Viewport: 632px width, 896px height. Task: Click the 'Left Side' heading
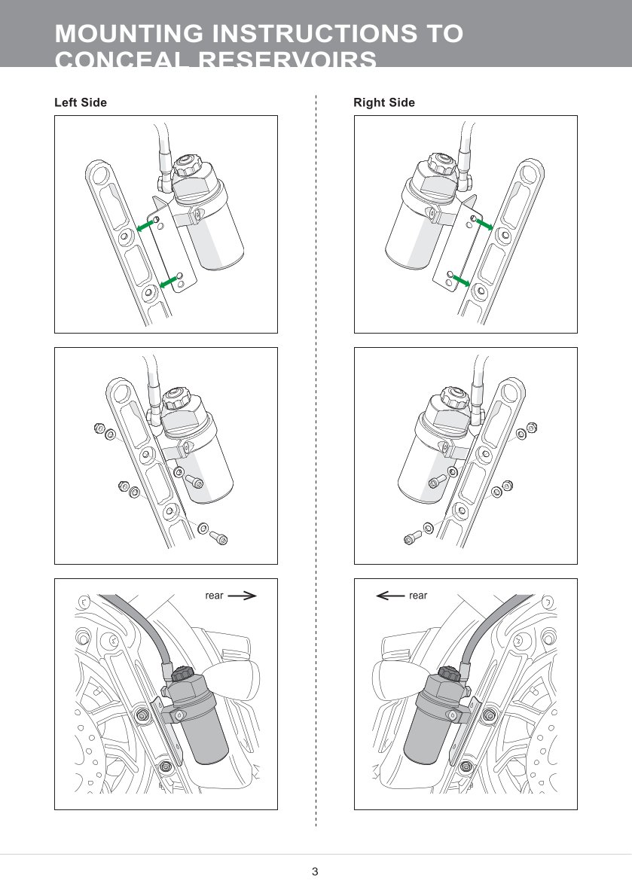(81, 102)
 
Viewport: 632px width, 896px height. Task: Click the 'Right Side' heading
(384, 102)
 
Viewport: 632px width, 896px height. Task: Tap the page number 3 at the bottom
(315, 872)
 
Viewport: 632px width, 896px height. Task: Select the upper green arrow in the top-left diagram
(145, 225)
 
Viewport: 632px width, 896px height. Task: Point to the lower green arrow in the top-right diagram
(460, 279)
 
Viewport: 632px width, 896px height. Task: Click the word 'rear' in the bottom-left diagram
(214, 596)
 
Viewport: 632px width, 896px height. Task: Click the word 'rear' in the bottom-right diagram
(418, 596)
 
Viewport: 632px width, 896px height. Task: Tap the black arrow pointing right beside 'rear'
(242, 596)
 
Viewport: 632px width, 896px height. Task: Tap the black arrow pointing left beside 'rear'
(389, 596)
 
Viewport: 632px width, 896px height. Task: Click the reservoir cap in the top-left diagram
(185, 163)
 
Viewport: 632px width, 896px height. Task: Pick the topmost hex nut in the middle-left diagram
(98, 428)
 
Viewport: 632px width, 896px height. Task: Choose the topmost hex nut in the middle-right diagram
(533, 428)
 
